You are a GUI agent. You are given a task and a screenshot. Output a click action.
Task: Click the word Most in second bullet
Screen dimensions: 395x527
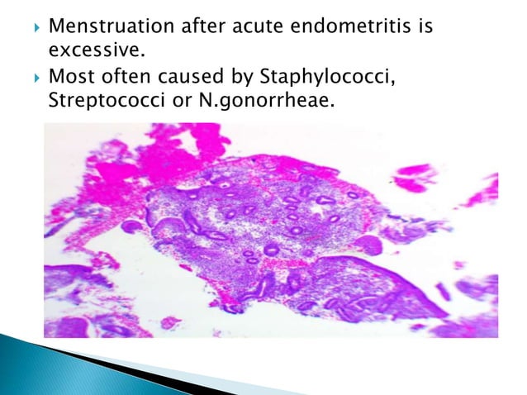point(70,79)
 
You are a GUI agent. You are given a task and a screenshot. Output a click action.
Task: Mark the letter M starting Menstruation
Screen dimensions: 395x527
point(56,30)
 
